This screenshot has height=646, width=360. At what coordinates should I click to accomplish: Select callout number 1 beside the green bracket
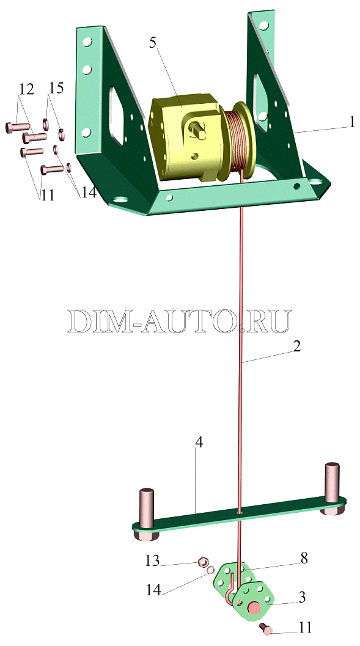351,122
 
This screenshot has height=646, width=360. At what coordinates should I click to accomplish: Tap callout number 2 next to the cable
296,346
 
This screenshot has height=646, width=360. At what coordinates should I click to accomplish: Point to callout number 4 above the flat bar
199,444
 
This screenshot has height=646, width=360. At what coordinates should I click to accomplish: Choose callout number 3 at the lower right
302,597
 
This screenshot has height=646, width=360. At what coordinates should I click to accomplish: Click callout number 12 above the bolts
26,89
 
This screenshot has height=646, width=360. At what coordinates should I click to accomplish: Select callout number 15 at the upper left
56,88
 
